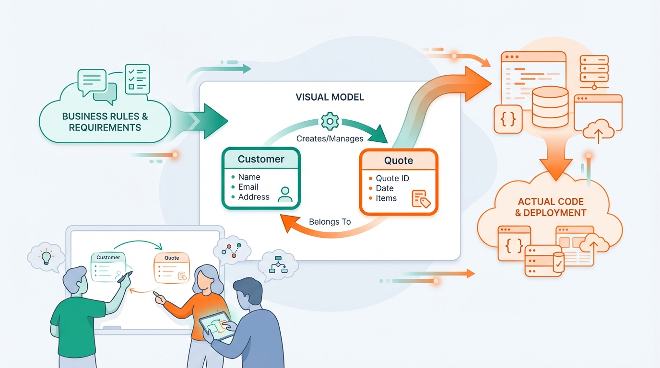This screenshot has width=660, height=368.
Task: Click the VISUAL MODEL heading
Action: tap(330, 97)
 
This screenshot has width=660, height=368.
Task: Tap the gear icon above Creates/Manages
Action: tap(330, 121)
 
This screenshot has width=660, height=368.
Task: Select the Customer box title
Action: tap(261, 159)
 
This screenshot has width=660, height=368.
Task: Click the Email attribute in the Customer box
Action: tap(248, 187)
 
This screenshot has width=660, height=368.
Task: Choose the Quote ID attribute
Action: tap(392, 178)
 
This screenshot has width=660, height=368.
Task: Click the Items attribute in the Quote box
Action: tap(386, 198)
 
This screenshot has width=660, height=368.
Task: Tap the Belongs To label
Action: tap(330, 222)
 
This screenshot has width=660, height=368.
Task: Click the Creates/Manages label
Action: tap(330, 138)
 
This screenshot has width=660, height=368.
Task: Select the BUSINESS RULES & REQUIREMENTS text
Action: tap(105, 122)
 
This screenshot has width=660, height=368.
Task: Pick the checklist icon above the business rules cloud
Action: tap(137, 79)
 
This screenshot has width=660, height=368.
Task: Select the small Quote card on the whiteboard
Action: tap(171, 267)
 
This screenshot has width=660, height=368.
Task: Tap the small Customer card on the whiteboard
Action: tap(108, 267)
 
